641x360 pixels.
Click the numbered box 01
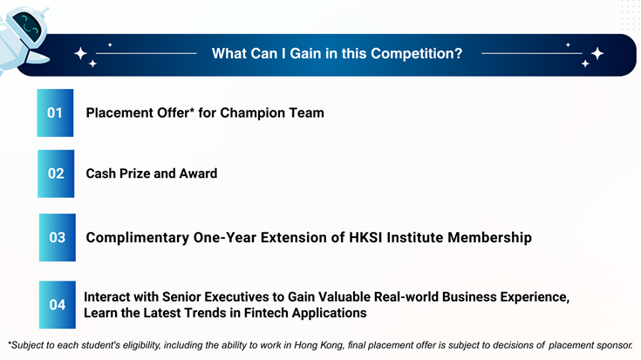[55, 112]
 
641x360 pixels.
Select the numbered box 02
[56, 173]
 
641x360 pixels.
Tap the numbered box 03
[58, 237]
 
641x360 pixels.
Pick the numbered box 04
[58, 305]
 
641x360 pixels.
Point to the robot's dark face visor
[27, 26]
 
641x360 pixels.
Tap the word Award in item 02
[198, 173]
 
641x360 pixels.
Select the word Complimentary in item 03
[138, 238]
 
